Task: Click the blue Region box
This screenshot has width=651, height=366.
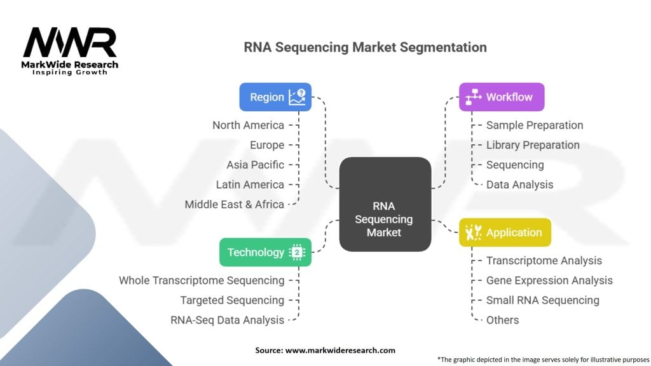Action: [x=275, y=97]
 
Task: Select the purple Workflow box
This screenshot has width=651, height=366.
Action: [x=502, y=97]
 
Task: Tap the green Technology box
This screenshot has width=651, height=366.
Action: [x=265, y=252]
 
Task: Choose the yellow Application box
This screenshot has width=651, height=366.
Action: [x=505, y=233]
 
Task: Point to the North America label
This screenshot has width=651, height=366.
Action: [x=248, y=125]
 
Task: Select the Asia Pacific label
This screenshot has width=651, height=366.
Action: [x=255, y=165]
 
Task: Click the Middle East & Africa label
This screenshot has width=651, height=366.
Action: [x=234, y=204]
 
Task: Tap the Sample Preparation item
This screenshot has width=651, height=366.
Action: [x=534, y=125]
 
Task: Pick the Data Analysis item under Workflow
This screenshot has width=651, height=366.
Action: [x=519, y=184]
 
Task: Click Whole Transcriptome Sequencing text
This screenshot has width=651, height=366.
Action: [x=202, y=280]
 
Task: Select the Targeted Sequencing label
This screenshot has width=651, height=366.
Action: [x=232, y=300]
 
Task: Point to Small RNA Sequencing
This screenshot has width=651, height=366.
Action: [x=542, y=300]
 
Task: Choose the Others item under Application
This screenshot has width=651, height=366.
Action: [x=502, y=320]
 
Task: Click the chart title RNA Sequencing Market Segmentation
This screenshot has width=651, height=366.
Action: [x=366, y=48]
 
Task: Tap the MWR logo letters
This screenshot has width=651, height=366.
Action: [x=71, y=43]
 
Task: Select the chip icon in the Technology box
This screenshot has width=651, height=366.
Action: [x=297, y=252]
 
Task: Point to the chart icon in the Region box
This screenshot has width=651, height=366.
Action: [x=296, y=97]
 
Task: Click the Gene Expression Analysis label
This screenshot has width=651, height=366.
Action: [x=549, y=280]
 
